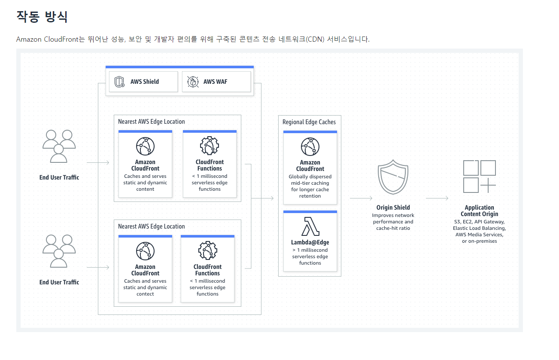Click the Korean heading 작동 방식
coord(42,17)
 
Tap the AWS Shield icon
coord(120,82)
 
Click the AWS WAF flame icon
coord(193,82)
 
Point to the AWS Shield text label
coord(145,82)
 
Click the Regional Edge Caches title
coord(309,122)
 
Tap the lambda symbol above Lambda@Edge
coord(310,226)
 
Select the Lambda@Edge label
coord(310,242)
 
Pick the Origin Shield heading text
coord(393,207)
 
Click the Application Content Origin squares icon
coord(480,177)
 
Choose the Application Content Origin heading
coord(480,211)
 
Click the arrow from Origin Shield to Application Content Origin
coord(437,198)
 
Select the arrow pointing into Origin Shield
coord(361,198)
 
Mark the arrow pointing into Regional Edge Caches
coord(263,198)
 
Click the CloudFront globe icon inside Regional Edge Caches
coord(310,146)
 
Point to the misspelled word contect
coord(145,294)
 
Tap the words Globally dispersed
coord(310,177)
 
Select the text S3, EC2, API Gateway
coord(480,222)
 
